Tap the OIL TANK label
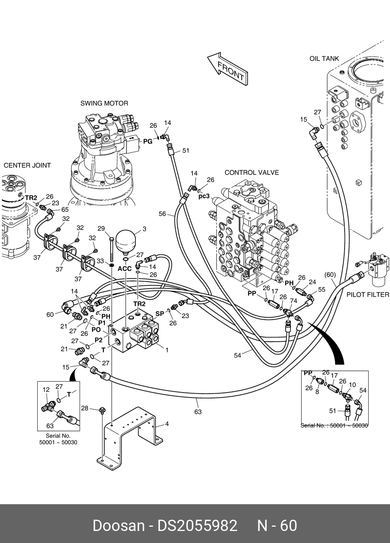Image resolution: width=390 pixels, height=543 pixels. pyautogui.click(x=324, y=59)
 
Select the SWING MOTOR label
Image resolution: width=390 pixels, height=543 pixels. pyautogui.click(x=104, y=103)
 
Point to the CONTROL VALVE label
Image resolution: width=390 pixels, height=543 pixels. pyautogui.click(x=251, y=173)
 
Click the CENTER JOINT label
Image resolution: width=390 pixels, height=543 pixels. pyautogui.click(x=27, y=165)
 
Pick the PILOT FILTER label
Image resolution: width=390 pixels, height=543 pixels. pyautogui.click(x=367, y=294)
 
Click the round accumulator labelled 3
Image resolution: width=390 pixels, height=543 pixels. pyautogui.click(x=126, y=240)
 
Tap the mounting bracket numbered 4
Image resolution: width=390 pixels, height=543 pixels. pyautogui.click(x=128, y=434)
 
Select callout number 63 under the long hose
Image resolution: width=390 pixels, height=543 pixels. pyautogui.click(x=198, y=412)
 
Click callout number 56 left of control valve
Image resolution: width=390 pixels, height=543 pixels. pyautogui.click(x=162, y=214)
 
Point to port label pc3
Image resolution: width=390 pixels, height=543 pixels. pyautogui.click(x=204, y=196)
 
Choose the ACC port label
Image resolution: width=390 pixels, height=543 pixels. pyautogui.click(x=125, y=269)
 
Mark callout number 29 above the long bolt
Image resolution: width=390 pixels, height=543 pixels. pyautogui.click(x=101, y=229)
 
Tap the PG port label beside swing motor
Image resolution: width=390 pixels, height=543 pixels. pyautogui.click(x=148, y=142)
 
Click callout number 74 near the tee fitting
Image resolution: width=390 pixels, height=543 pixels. pyautogui.click(x=293, y=301)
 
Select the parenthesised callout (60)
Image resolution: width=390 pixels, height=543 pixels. pyautogui.click(x=330, y=275)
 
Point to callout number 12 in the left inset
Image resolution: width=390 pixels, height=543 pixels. pyautogui.click(x=46, y=389)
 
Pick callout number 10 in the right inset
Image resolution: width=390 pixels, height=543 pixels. pyautogui.click(x=352, y=385)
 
